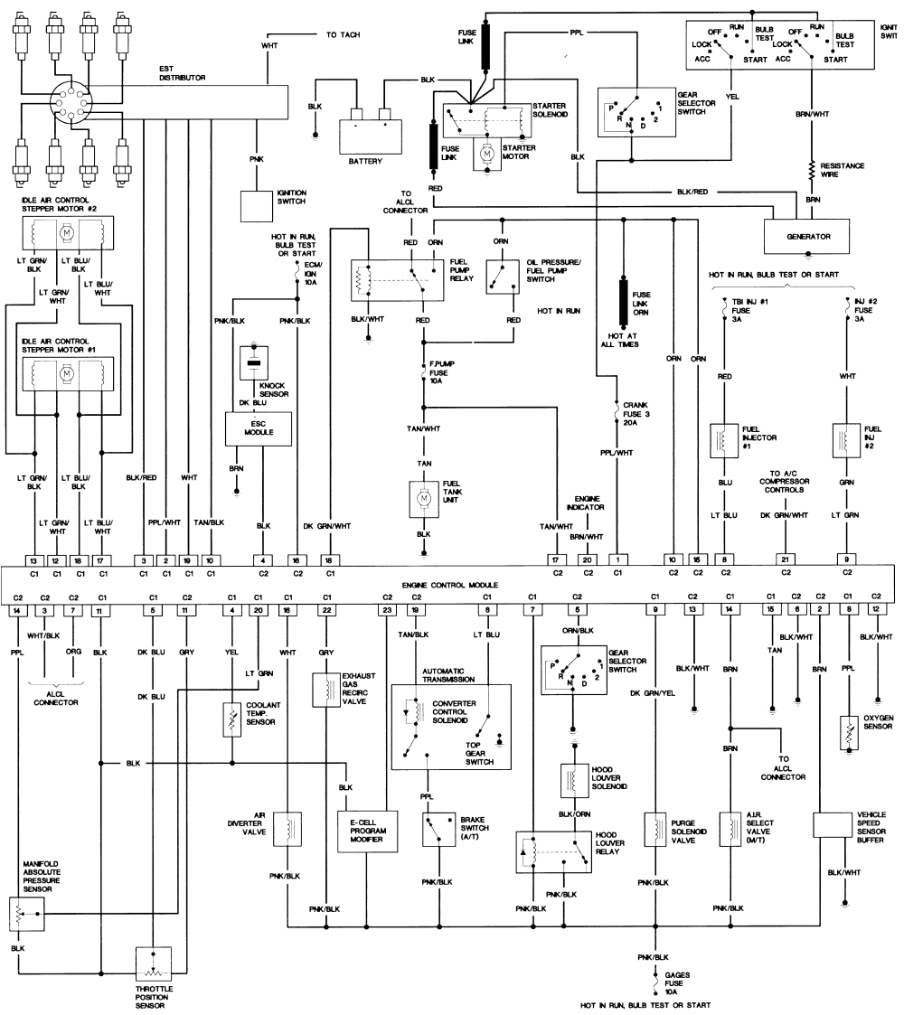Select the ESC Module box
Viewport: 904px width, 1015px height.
coord(258,428)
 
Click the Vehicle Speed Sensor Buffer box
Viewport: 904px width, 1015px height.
coord(833,825)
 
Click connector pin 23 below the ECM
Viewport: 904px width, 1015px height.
coord(387,611)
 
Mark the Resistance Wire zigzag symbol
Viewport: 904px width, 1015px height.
coord(813,170)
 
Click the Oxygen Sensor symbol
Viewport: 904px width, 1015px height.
coord(849,732)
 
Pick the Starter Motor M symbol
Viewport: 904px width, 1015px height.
coord(487,155)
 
